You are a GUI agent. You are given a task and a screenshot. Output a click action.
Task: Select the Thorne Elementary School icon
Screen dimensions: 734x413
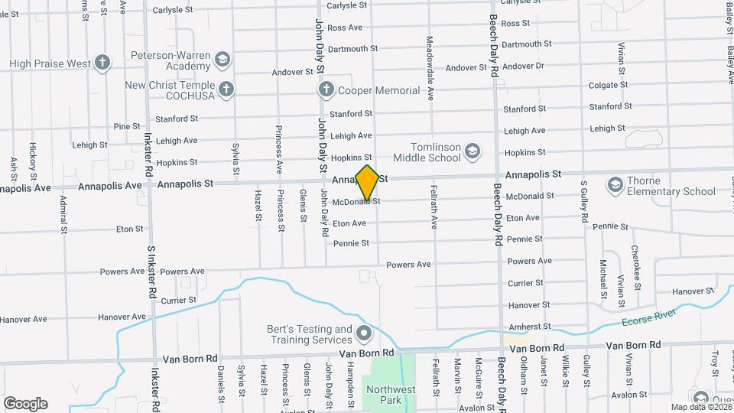615,185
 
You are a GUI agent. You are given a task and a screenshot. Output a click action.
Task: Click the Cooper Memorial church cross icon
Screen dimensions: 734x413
326,90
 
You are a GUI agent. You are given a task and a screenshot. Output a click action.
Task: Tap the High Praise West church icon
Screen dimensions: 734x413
102,63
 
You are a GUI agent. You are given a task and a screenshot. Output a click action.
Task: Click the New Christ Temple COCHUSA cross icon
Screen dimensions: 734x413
226,90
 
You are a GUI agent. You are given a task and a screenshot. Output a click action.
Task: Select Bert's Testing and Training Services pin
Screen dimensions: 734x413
363,333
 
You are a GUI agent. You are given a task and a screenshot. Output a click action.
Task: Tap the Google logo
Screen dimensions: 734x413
25,404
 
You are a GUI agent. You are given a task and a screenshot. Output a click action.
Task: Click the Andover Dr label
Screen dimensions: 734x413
528,66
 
